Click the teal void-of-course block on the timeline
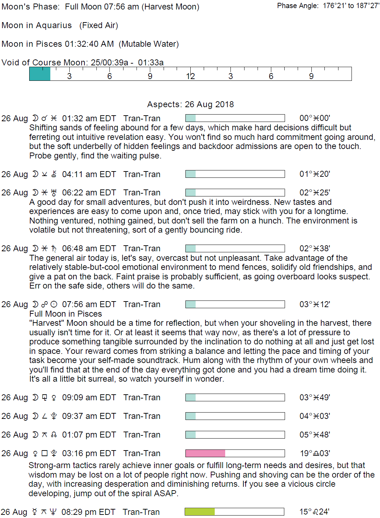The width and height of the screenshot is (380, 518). (x=40, y=74)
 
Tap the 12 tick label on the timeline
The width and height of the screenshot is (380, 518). (x=190, y=76)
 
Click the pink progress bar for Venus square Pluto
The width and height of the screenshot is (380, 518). (x=205, y=453)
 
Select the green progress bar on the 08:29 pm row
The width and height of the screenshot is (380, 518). (x=199, y=512)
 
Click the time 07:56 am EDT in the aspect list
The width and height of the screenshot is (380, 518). (x=89, y=304)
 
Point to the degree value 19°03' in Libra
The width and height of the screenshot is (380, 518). (x=315, y=453)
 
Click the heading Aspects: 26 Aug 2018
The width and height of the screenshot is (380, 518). (x=190, y=104)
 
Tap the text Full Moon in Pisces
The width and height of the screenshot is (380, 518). (x=65, y=314)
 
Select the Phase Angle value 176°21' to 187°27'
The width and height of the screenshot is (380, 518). (x=351, y=6)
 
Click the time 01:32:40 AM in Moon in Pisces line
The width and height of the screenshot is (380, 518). (x=89, y=44)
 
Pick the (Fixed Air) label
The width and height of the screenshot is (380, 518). (x=99, y=25)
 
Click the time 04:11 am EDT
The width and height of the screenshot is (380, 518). (x=89, y=174)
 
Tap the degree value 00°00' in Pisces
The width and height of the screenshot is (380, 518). (x=315, y=118)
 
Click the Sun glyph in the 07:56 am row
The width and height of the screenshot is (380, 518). (x=54, y=304)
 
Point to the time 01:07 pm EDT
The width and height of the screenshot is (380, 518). (x=89, y=435)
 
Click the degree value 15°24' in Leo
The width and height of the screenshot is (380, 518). (x=314, y=512)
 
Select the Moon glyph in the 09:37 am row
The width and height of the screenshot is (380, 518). (x=35, y=416)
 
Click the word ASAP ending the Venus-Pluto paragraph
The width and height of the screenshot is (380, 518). (x=165, y=493)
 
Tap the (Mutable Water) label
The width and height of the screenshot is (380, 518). (x=149, y=44)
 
